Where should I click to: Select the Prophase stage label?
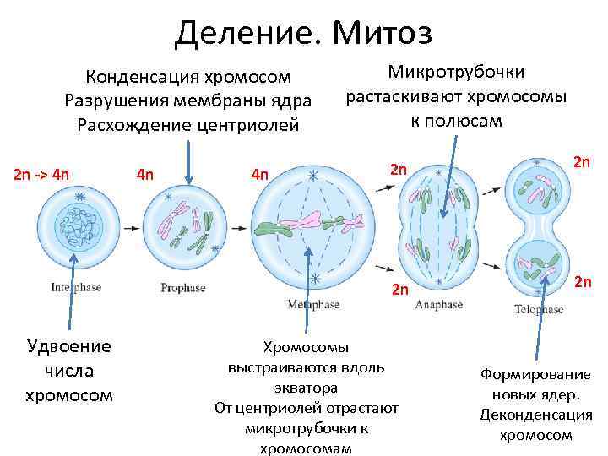point(182,288)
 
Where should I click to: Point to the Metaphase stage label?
point(313,304)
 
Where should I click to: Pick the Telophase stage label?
point(539,310)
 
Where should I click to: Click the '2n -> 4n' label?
point(41,176)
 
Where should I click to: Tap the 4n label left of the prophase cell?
point(145,176)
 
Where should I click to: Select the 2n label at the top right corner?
point(582,160)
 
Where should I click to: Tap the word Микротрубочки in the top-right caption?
point(455,73)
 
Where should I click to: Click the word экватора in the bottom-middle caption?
point(306,388)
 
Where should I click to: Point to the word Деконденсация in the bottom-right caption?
point(535,415)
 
